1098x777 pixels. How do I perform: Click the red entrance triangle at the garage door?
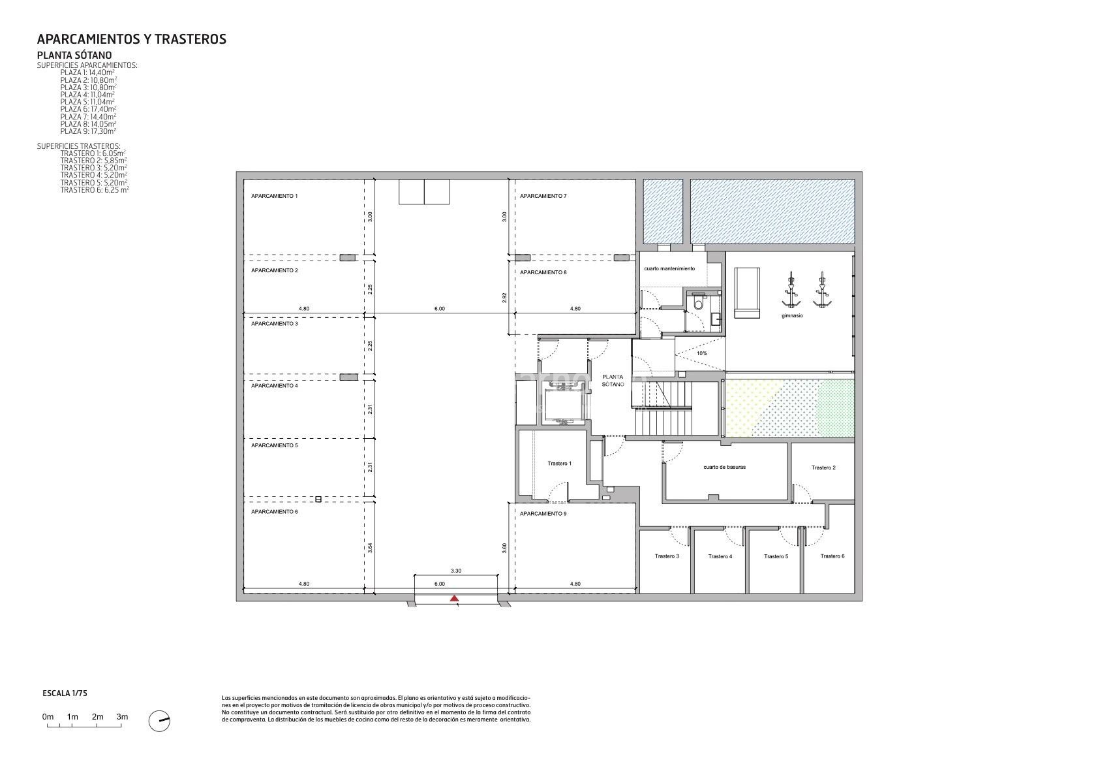454,598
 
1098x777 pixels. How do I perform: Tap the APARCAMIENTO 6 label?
275,512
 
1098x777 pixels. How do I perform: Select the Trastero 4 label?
720,556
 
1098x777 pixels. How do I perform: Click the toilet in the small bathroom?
699,304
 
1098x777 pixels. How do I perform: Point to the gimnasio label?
792,315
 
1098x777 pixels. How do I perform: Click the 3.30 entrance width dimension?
456,571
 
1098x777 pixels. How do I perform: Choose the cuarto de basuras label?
724,467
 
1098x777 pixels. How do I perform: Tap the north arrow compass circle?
159,721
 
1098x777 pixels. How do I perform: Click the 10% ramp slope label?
702,353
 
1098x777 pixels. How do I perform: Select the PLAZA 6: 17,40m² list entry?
88,109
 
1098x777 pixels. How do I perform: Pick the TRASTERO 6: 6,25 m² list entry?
95,190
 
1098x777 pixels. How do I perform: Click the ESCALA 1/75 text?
65,693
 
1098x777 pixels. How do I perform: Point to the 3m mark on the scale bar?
122,717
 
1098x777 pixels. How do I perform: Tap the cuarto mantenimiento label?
669,268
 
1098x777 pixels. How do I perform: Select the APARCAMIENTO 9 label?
543,514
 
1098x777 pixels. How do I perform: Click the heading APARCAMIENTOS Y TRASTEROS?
132,39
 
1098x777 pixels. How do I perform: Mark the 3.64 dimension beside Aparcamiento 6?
370,547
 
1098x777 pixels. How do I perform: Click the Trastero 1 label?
559,463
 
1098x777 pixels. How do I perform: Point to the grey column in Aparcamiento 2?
348,257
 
